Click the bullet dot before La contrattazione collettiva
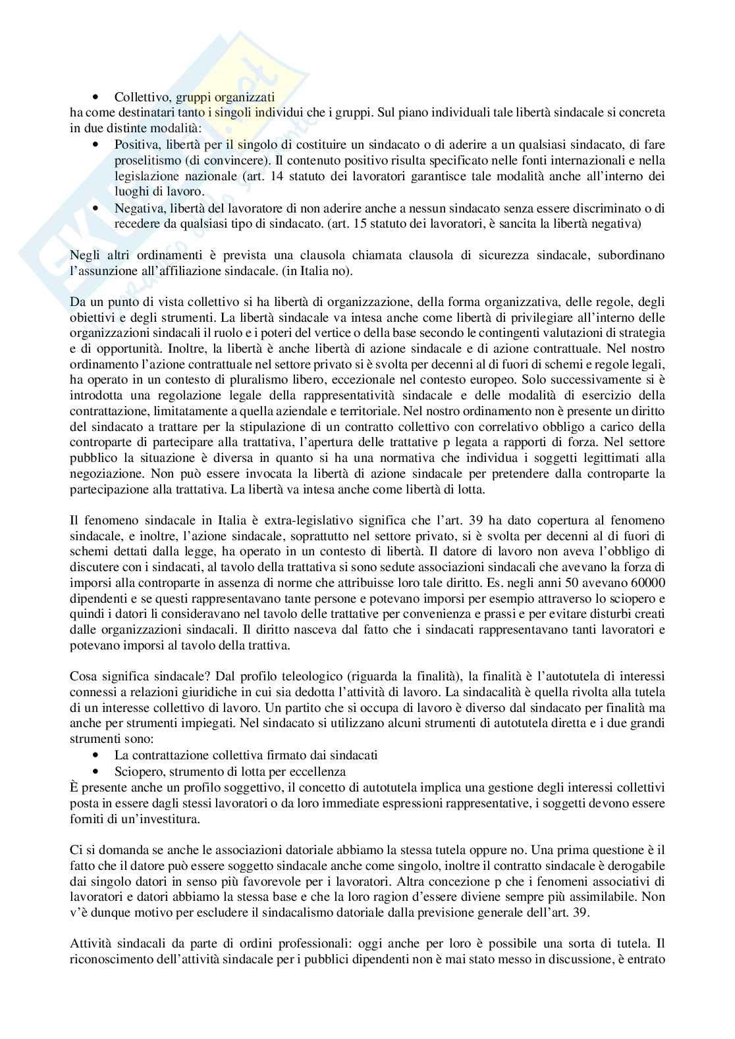click(97, 755)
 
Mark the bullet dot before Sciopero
click(97, 771)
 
